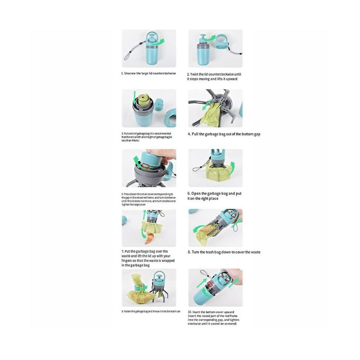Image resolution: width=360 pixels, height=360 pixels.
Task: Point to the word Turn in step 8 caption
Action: click(197, 252)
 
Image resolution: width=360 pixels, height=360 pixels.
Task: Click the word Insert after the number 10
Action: click(199, 312)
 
